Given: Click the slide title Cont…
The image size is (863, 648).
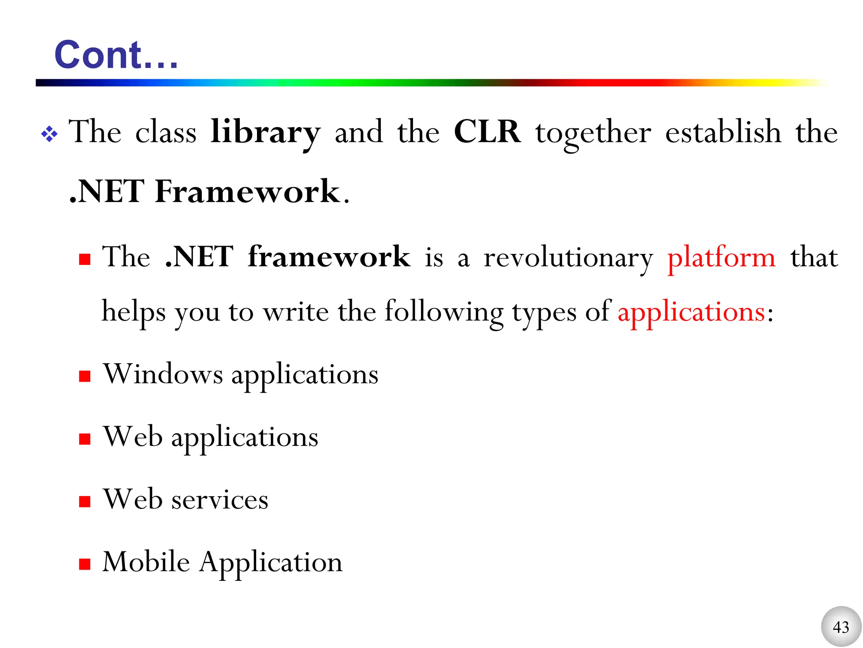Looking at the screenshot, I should click(x=116, y=55).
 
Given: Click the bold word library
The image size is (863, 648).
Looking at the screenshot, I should click(x=265, y=132).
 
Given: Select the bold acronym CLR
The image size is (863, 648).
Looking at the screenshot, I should click(x=487, y=132).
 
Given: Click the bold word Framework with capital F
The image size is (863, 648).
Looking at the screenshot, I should click(x=247, y=192).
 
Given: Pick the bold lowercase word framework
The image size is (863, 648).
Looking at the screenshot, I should click(x=329, y=256).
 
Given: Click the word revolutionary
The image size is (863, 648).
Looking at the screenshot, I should click(x=568, y=258).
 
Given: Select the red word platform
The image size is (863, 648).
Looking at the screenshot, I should click(x=721, y=258).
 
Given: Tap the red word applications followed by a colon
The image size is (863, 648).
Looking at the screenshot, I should click(x=691, y=313).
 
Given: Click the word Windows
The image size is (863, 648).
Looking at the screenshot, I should click(x=163, y=374).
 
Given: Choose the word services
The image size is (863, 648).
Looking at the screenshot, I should click(x=220, y=500).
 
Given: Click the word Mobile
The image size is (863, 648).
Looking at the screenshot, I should click(x=146, y=562).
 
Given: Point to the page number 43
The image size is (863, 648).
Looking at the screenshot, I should click(x=841, y=627).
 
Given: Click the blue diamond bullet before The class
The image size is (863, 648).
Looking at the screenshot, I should click(x=49, y=134).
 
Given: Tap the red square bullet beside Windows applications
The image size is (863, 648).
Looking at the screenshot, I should click(x=85, y=376).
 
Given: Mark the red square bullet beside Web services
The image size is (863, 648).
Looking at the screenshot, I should click(x=85, y=501).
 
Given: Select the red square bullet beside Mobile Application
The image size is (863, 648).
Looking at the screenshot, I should click(x=85, y=564).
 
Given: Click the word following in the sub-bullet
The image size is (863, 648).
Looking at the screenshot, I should click(x=444, y=313).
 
